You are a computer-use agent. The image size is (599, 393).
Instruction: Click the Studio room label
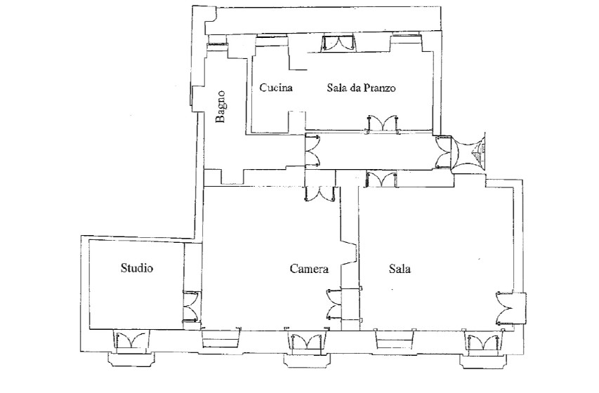point(137,268)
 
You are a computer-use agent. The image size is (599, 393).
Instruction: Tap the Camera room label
point(309,269)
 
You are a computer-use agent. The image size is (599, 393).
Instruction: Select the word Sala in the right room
point(400,269)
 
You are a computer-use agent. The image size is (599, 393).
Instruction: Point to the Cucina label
point(276,88)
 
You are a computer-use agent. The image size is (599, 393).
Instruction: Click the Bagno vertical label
point(220,107)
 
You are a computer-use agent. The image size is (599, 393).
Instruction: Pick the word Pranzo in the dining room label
point(379,88)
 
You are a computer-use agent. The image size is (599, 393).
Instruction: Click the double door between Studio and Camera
point(191,306)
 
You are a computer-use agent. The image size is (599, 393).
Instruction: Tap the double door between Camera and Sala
point(334,304)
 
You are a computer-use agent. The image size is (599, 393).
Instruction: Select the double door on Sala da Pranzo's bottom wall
point(383,124)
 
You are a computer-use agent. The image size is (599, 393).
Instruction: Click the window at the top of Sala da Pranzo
point(338,42)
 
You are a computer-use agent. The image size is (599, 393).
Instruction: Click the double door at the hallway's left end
point(313,152)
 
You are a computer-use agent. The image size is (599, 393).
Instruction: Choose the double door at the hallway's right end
point(443,152)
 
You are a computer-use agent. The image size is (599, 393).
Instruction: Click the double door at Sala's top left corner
point(381,180)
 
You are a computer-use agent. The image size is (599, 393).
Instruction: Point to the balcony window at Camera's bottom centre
point(306,342)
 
